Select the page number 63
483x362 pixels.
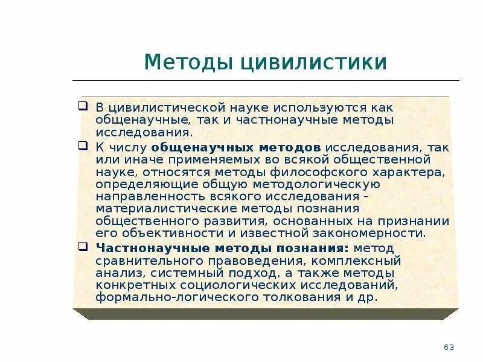449,347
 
